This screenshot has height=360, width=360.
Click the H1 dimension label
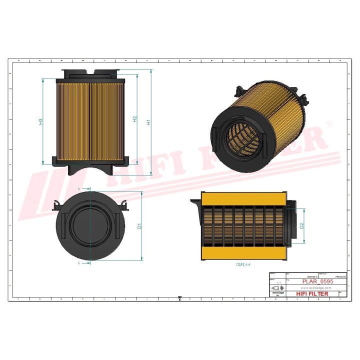coord(148,122)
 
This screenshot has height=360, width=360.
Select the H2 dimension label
coord(134,119)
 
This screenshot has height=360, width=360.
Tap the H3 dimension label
coord(40,121)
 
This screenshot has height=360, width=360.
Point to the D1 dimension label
coord(140,226)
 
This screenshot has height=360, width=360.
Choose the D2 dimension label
coord(302,225)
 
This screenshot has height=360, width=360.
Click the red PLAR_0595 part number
coord(318,281)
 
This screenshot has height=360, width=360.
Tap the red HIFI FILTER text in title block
coord(312,293)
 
